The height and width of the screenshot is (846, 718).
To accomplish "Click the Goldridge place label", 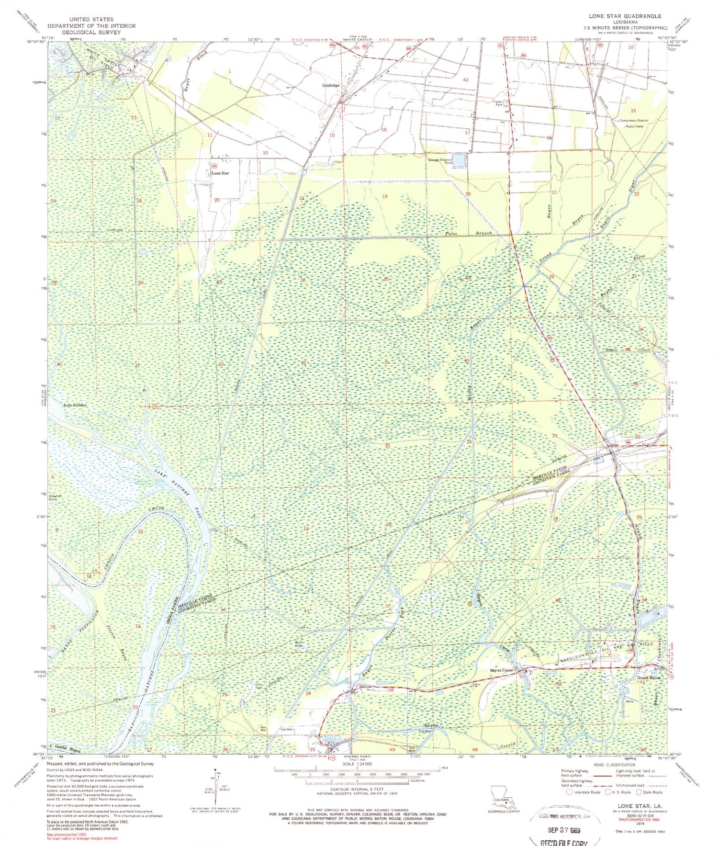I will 331,86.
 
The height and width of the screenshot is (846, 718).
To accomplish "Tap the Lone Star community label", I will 220,173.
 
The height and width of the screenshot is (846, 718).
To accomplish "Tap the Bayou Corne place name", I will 501,670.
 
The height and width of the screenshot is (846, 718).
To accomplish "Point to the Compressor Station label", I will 634,121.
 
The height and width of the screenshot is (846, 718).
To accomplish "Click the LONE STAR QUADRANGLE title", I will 625,16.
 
